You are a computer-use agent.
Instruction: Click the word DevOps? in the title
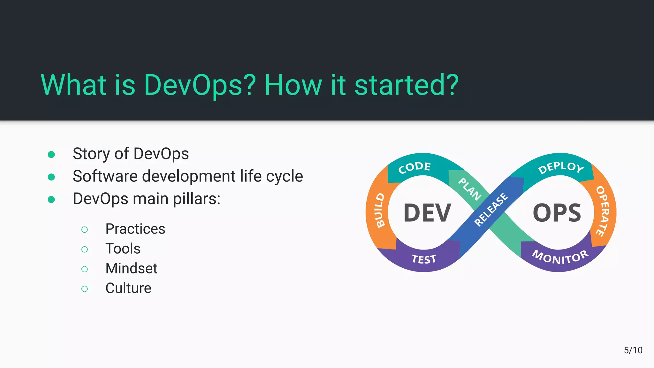pos(200,85)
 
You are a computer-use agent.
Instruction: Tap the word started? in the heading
pos(406,85)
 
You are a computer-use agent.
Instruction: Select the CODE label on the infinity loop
pos(414,167)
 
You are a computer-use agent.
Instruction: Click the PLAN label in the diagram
pos(470,189)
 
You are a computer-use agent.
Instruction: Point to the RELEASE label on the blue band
pos(491,210)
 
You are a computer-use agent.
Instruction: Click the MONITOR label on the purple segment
pos(560,257)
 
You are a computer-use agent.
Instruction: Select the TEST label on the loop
pos(424,259)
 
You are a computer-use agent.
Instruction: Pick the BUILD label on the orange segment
pos(380,210)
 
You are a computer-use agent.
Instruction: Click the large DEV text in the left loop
pos(427,213)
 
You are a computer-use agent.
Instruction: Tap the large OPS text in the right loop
pos(557,213)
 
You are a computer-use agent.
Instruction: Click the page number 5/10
pos(633,350)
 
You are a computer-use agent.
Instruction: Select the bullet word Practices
pos(135,229)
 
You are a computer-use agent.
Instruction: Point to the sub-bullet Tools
pos(123,249)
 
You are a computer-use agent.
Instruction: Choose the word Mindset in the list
pos(131,268)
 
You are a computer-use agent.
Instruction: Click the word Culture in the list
pos(128,288)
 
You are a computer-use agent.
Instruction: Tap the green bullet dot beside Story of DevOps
pos(51,155)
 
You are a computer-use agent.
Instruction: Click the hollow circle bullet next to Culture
pos(85,289)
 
